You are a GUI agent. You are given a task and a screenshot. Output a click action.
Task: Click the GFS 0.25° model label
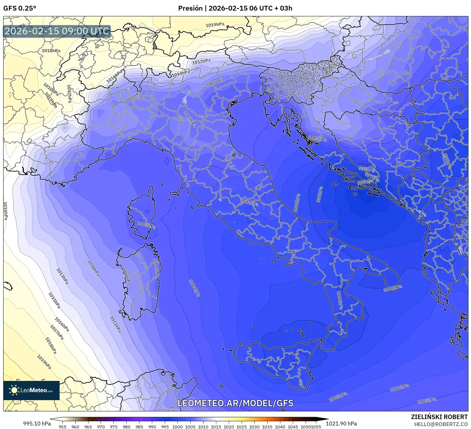(20, 8)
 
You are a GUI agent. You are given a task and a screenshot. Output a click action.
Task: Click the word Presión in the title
(190, 8)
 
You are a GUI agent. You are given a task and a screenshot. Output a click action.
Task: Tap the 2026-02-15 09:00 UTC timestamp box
(57, 31)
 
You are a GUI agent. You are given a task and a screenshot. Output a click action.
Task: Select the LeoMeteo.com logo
(31, 390)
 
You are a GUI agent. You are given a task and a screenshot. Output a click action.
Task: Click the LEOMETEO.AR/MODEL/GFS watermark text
(235, 403)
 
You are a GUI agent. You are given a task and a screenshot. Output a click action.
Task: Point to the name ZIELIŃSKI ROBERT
(439, 417)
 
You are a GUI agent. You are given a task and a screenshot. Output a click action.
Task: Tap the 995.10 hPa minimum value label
(37, 424)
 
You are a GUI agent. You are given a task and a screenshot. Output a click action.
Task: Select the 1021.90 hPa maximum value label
(341, 424)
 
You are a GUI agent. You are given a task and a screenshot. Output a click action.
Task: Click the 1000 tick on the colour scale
(178, 427)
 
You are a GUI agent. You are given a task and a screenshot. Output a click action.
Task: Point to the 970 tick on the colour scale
(101, 427)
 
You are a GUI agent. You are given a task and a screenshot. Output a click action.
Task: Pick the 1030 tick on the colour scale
(254, 427)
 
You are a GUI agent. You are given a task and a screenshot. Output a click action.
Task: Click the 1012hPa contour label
(202, 61)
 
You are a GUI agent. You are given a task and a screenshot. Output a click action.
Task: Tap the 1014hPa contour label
(181, 73)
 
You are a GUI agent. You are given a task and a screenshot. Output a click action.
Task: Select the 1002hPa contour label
(249, 202)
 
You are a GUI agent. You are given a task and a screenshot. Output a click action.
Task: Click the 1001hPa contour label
(297, 203)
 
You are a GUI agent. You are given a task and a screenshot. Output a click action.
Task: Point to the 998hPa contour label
(367, 169)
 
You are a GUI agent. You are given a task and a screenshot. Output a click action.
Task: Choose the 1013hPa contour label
(62, 276)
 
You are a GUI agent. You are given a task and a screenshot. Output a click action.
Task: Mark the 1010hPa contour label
(93, 268)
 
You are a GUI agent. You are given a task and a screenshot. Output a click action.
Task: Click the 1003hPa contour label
(338, 397)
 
